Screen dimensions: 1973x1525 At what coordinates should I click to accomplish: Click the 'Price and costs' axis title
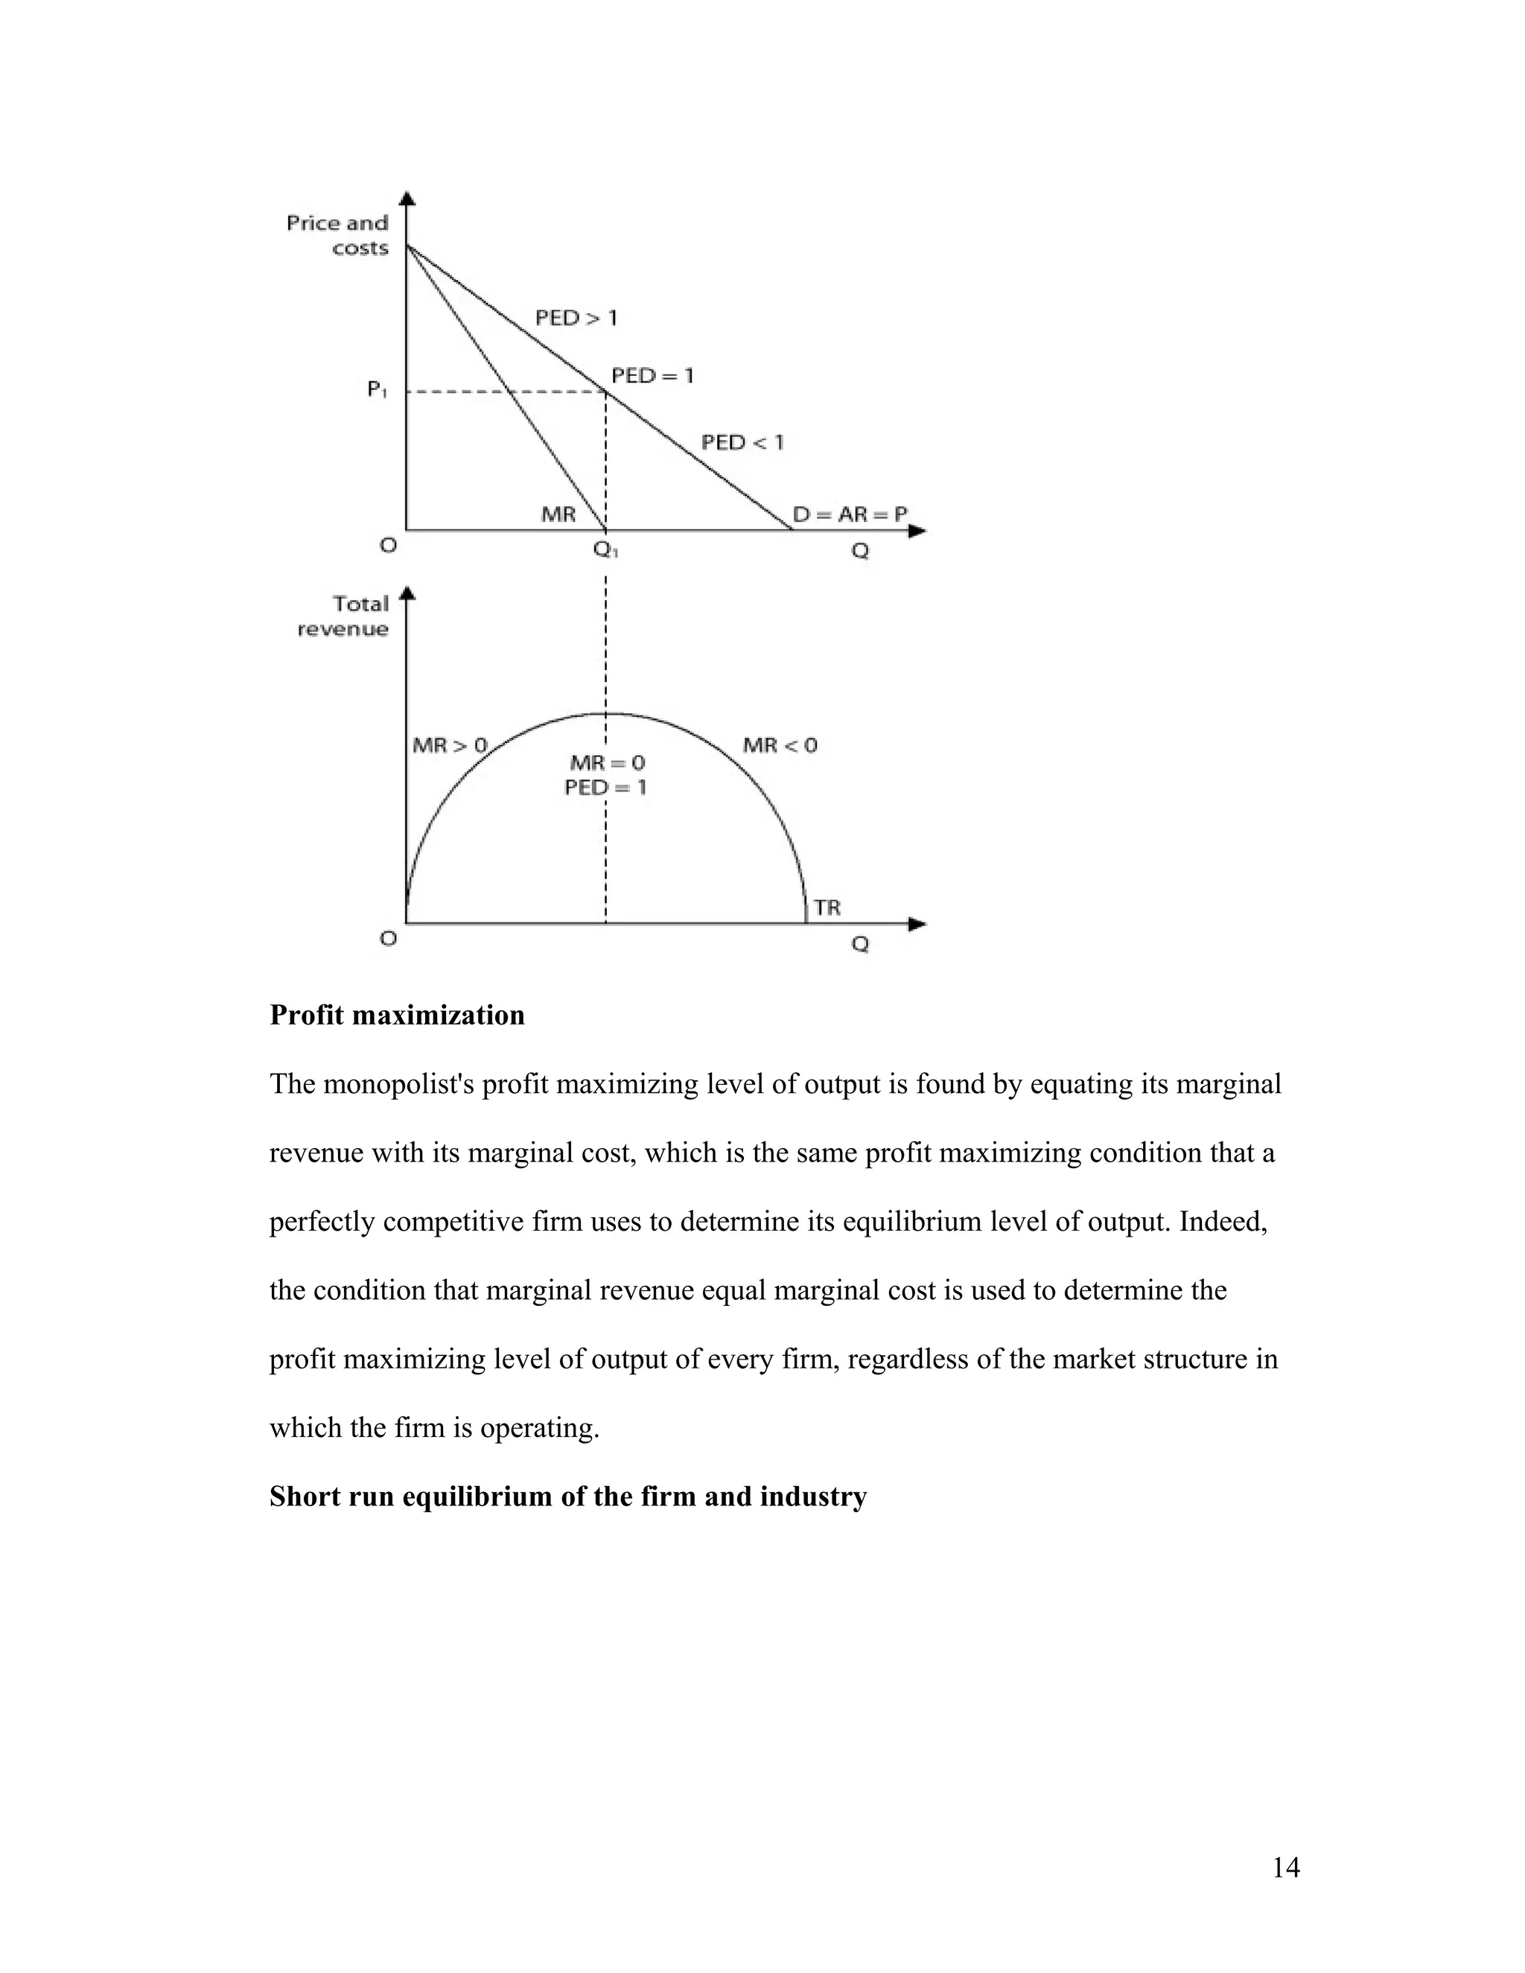point(338,235)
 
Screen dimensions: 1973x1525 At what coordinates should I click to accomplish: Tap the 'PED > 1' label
point(576,318)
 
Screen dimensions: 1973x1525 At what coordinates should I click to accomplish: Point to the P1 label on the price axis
point(377,390)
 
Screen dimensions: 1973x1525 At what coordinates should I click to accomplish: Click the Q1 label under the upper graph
point(605,549)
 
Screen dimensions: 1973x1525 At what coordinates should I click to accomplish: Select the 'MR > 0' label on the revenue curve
point(449,745)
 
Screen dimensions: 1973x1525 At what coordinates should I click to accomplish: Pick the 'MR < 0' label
point(780,745)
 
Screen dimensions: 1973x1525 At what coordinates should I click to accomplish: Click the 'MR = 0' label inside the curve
point(607,763)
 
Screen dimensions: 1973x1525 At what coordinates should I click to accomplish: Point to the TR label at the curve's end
point(827,908)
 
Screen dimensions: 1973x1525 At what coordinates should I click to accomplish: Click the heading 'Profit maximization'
point(397,1016)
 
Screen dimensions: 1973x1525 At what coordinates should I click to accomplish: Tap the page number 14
point(1284,1867)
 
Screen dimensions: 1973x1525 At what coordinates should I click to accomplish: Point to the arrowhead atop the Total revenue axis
point(407,593)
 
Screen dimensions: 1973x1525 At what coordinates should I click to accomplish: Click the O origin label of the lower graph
point(387,939)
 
